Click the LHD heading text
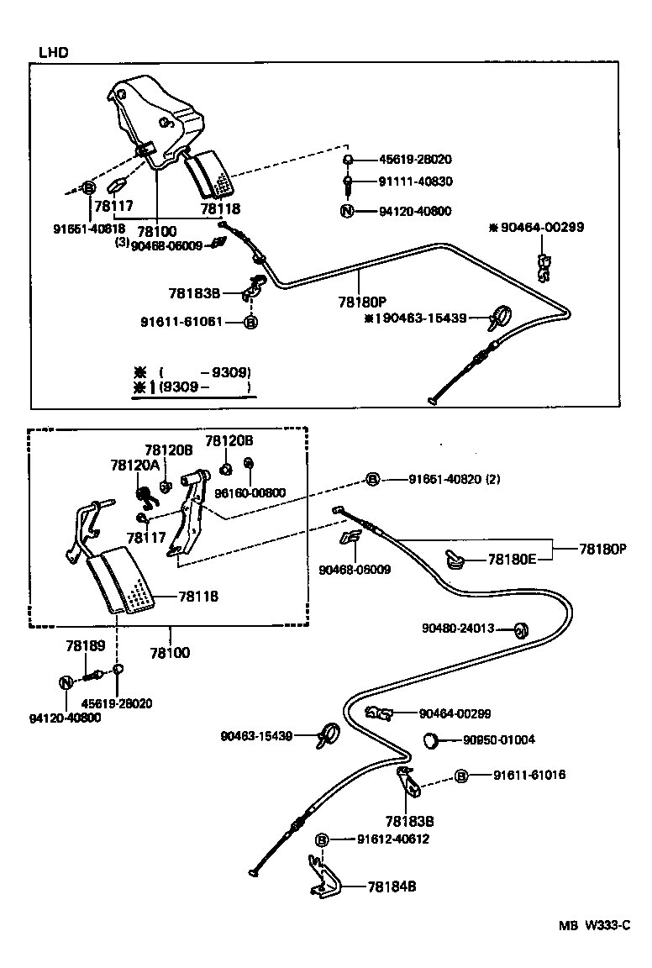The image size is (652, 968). (x=53, y=52)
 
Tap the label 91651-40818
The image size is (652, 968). (x=88, y=227)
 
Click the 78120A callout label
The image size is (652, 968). (x=134, y=464)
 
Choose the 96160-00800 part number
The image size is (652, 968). (x=251, y=493)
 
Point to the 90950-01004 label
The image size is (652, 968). (x=499, y=740)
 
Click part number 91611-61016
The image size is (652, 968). (x=528, y=775)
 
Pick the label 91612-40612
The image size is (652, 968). (x=393, y=839)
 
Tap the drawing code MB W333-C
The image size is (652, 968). (x=595, y=925)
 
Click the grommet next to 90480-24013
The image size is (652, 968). (x=519, y=629)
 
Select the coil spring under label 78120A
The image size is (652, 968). (x=147, y=496)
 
